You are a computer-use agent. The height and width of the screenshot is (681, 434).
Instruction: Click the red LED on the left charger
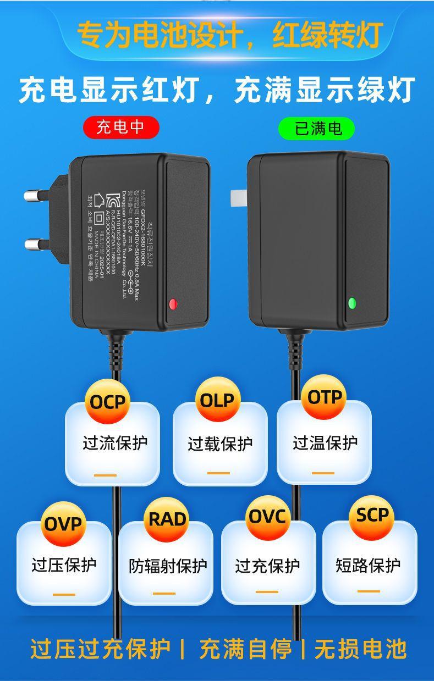coord(173,303)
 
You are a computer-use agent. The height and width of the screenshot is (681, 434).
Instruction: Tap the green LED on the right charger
coord(352,302)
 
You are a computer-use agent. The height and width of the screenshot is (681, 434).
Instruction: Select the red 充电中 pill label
coord(120,128)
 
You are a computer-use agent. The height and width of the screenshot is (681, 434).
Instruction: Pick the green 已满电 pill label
coord(316,128)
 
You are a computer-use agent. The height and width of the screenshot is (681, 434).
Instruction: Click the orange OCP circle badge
coord(108,402)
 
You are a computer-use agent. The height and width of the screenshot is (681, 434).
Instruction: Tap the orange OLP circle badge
coord(217,400)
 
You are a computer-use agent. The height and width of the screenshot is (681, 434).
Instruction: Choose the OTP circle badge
coord(325,397)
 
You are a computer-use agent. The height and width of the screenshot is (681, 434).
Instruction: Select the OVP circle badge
coord(63,523)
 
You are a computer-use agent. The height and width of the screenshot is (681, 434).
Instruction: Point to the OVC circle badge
coord(268,517)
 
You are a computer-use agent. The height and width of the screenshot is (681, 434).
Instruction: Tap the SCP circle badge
coord(372,516)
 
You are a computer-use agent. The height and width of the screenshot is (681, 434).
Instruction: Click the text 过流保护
coord(115,443)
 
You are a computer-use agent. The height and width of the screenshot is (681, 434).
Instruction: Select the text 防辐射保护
coord(168,566)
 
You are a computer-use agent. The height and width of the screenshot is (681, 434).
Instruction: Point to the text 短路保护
coord(368,564)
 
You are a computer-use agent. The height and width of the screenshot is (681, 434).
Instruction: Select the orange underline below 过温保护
coord(323,473)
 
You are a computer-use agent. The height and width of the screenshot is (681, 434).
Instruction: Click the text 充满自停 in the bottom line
coord(246,649)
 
